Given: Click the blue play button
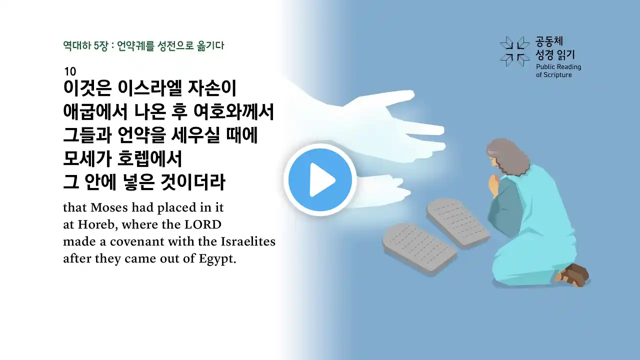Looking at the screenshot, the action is (x=320, y=179).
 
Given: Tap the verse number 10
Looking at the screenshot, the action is (x=70, y=71).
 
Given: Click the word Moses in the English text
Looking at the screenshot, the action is (x=109, y=207).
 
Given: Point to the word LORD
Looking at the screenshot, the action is (x=203, y=224).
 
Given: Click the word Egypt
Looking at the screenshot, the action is (x=217, y=259).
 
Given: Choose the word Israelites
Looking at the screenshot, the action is (x=248, y=241).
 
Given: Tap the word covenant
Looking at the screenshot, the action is (x=137, y=242).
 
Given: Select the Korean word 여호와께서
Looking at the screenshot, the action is (x=233, y=111).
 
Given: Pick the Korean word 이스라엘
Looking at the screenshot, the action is (x=149, y=88).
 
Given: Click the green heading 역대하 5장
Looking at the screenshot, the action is (x=85, y=45).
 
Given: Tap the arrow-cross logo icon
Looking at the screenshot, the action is (x=515, y=51).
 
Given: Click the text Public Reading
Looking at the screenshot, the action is (x=558, y=67).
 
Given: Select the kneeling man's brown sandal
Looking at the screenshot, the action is (x=573, y=275).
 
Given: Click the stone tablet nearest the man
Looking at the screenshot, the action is (x=457, y=222).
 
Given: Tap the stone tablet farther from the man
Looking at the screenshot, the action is (x=419, y=248).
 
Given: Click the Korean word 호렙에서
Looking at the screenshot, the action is (x=149, y=158).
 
